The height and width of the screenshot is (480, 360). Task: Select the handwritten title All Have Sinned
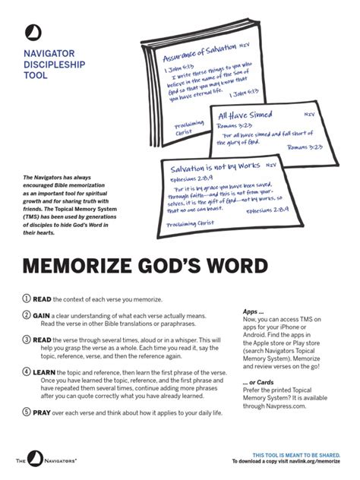[x=245, y=115]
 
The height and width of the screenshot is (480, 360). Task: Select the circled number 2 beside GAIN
[x=25, y=315]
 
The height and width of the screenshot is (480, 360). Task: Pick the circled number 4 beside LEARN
[x=25, y=373]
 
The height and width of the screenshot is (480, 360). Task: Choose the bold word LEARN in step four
[x=44, y=373]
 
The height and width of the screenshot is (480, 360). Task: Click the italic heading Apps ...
[x=253, y=311]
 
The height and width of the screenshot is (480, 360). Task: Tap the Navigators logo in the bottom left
[x=47, y=460]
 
